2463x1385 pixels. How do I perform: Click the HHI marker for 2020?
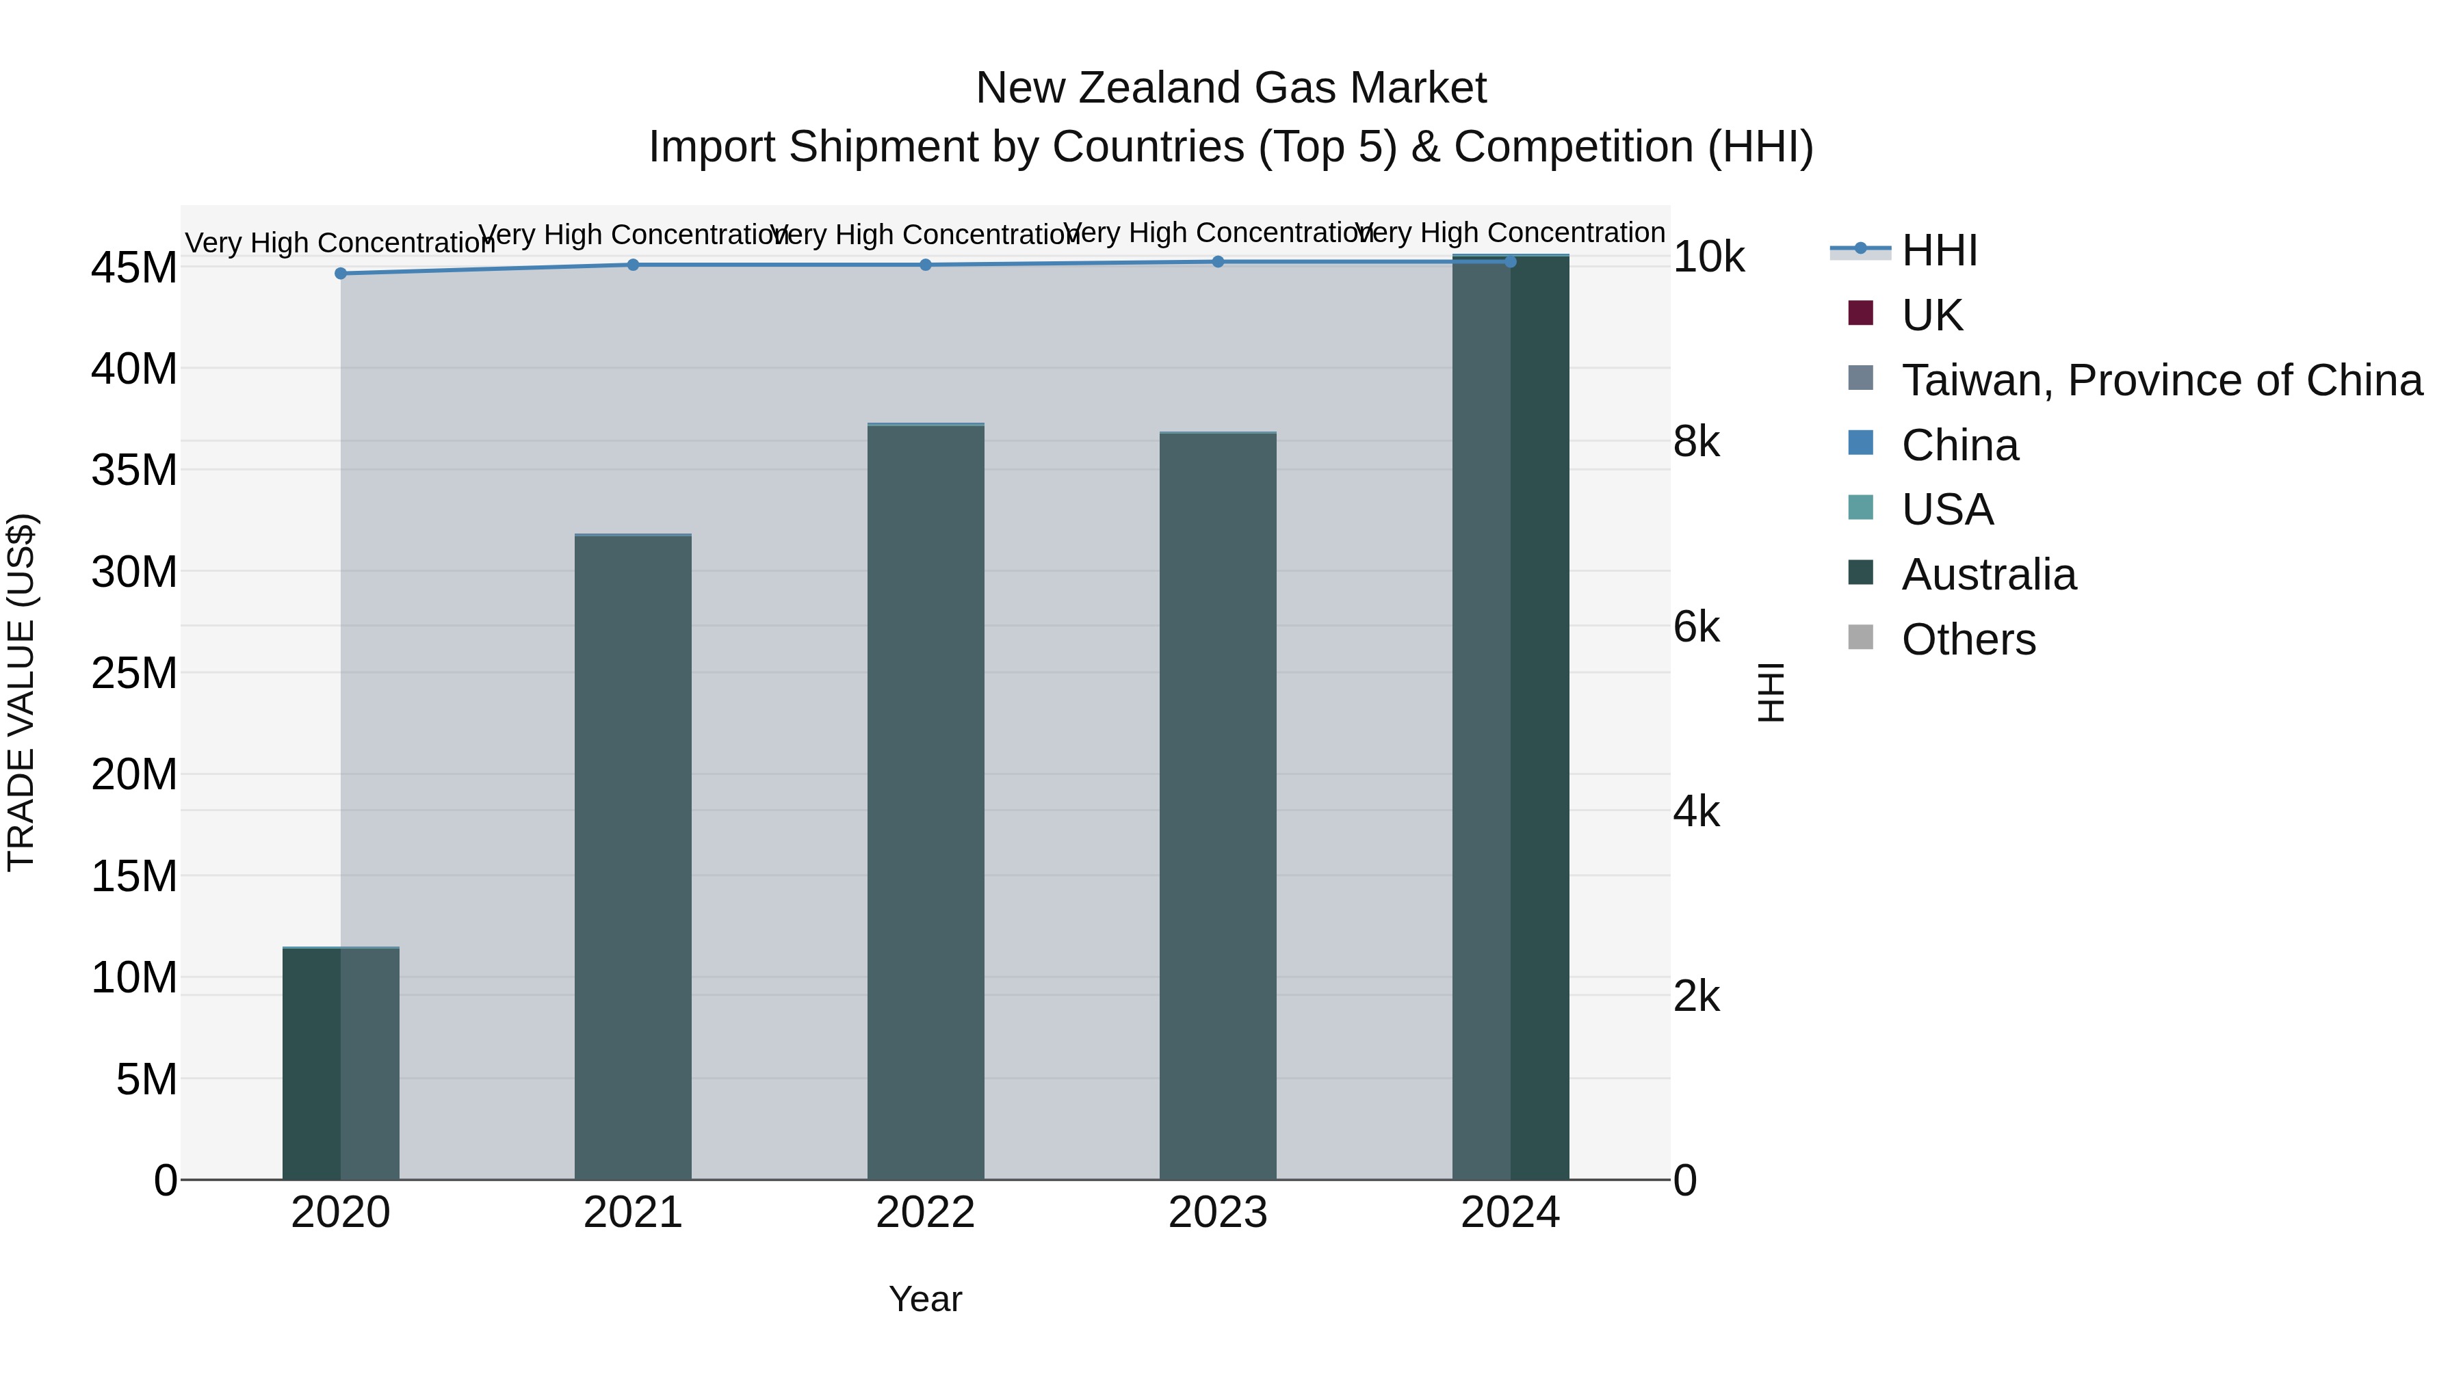(341, 274)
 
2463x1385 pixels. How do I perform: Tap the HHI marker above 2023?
(1218, 262)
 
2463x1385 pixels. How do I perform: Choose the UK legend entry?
(1931, 315)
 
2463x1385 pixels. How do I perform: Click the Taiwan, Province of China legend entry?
(2161, 380)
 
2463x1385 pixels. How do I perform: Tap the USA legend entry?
(1946, 510)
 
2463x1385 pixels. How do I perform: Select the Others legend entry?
(1968, 639)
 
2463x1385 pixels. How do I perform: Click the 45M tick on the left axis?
(134, 267)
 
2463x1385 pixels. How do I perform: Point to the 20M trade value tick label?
(134, 774)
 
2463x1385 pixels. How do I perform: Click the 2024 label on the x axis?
(1510, 1213)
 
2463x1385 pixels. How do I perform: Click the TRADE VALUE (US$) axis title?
(21, 692)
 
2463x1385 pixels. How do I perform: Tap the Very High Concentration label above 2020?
(341, 243)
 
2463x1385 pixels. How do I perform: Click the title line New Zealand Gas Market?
(1231, 88)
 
